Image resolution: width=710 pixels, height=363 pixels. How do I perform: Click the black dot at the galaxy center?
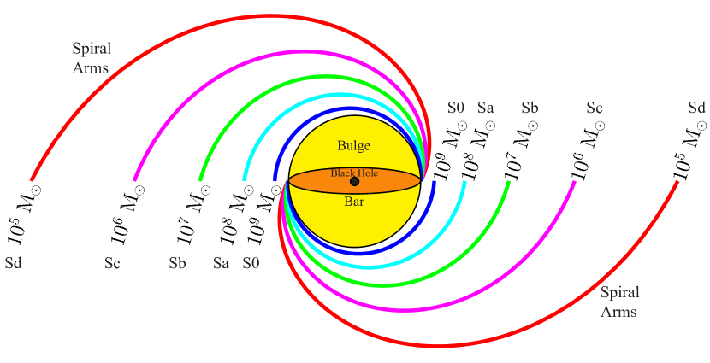[354, 181]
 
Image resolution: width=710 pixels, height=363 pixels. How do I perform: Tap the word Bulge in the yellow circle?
[353, 145]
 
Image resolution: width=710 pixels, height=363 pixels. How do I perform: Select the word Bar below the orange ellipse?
[354, 203]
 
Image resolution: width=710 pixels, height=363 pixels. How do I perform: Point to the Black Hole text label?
[354, 173]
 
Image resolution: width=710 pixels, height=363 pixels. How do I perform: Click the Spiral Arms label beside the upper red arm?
[92, 58]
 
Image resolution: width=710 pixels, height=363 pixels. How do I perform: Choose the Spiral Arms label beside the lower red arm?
[619, 302]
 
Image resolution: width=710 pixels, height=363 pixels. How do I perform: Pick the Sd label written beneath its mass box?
[13, 262]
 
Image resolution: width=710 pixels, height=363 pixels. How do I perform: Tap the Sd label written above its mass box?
[697, 108]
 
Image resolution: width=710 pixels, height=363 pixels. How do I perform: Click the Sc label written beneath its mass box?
[113, 262]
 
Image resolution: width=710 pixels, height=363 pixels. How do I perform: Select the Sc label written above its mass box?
[595, 108]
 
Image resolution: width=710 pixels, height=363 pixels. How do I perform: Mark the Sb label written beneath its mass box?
[178, 262]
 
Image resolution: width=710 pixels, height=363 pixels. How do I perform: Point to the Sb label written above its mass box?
[530, 108]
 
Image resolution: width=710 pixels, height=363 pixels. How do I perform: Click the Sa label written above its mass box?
[485, 108]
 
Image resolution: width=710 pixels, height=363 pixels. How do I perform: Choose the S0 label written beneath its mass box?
[251, 262]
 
